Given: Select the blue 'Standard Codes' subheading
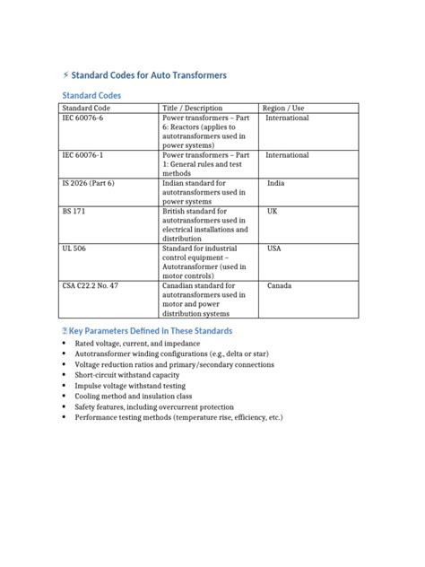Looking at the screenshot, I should click(91, 95).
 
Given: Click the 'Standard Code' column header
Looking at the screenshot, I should click(86, 108).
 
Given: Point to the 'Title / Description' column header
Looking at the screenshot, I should click(192, 108).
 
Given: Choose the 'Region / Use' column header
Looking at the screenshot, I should click(287, 108).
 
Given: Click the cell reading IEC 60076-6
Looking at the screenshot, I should click(82, 118).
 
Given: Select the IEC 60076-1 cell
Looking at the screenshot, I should click(82, 155).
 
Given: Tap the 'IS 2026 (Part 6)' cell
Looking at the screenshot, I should click(89, 183).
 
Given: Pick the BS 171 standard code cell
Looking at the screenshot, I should click(74, 212).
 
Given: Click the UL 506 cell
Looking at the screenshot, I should click(74, 249).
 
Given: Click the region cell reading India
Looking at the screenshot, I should click(275, 183).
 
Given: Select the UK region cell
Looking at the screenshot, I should click(273, 212).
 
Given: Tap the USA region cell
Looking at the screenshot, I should click(274, 249).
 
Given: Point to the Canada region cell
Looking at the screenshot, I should click(280, 285).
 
